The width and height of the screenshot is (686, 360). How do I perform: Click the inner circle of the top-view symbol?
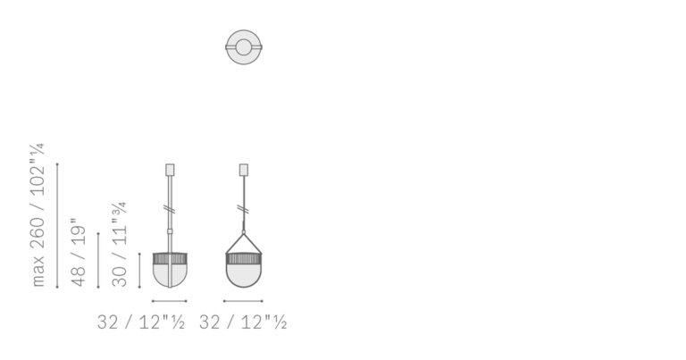coord(244,39)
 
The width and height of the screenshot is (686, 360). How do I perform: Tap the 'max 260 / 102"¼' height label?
coord(38,214)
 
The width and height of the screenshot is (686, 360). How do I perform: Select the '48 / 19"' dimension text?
coord(79,253)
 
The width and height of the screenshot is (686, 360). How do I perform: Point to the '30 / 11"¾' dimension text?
coord(120,244)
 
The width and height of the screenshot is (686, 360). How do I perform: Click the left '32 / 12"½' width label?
coord(141,322)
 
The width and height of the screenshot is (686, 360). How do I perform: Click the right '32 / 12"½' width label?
coord(243,322)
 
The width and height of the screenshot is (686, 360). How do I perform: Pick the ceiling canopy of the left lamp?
coord(170,170)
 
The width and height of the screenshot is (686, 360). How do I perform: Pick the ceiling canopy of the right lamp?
coord(244,170)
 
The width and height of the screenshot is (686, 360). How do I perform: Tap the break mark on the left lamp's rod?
coord(171,210)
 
